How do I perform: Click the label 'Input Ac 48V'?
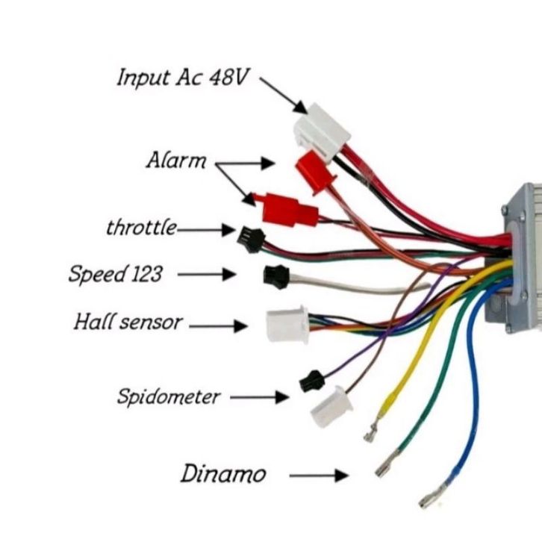tap(182, 78)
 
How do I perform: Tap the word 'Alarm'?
tap(176, 161)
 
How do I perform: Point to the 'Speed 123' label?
tap(116, 274)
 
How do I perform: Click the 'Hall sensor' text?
tap(128, 322)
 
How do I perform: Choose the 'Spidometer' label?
tap(168, 396)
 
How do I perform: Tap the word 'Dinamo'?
tap(223, 473)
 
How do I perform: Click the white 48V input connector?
tap(322, 133)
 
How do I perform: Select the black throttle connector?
tap(251, 240)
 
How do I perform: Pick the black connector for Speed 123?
tap(276, 276)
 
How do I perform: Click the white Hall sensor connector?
tap(287, 325)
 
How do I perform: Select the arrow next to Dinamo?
tap(319, 476)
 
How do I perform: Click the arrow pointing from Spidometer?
tap(260, 397)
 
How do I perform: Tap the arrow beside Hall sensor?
tap(219, 326)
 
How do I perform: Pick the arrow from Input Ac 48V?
tap(284, 96)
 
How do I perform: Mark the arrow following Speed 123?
tap(207, 275)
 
